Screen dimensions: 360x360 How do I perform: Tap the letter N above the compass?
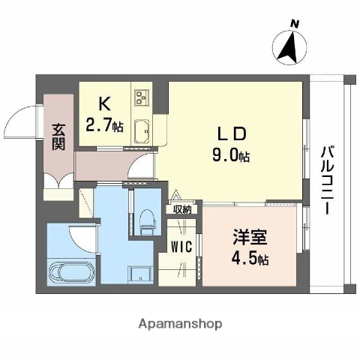295,24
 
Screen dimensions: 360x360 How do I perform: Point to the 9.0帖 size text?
232,156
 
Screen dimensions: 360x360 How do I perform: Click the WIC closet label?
181,245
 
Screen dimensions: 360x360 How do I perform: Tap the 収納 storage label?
182,210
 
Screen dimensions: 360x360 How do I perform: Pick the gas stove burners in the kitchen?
142,97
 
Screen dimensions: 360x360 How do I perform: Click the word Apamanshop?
179,325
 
